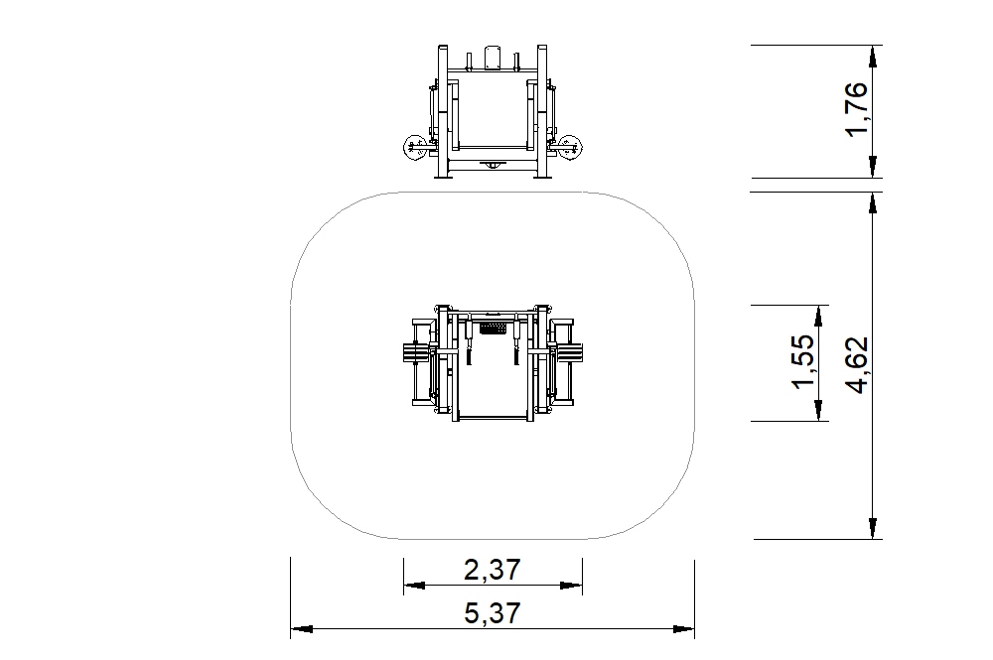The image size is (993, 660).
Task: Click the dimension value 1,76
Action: click(857, 108)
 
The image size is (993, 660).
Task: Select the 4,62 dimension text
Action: click(857, 365)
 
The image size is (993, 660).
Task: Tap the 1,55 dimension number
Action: click(803, 362)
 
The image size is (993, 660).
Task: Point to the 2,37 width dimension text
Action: click(493, 570)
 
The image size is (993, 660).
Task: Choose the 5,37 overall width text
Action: click(493, 613)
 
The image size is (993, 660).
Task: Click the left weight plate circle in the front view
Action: click(414, 148)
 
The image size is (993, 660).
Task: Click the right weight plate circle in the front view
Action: click(569, 147)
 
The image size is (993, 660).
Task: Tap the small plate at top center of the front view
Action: click(493, 57)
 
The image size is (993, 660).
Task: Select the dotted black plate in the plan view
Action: click(493, 329)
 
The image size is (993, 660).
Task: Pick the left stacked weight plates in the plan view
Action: click(416, 353)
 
